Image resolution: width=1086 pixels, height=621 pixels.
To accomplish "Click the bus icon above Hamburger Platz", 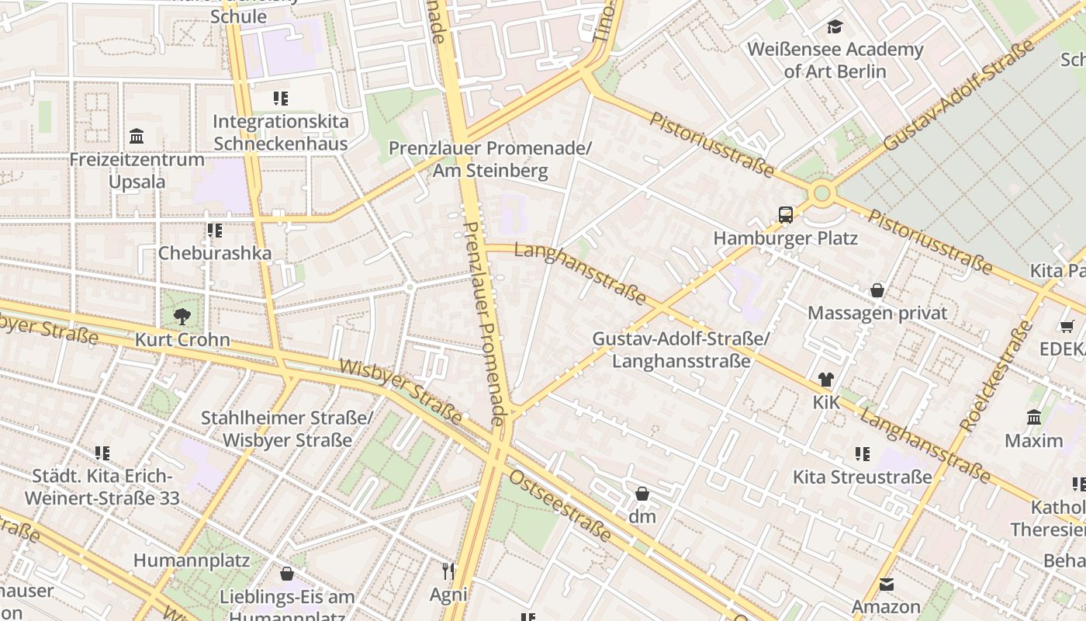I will tap(786, 215).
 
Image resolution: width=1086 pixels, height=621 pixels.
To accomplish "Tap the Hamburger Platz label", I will tap(785, 238).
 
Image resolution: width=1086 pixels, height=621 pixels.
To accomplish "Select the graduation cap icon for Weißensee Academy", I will tap(835, 27).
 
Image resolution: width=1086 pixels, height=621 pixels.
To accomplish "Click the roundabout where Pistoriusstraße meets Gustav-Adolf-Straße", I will tap(821, 193).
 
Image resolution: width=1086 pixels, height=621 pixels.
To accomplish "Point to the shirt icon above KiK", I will tap(825, 380).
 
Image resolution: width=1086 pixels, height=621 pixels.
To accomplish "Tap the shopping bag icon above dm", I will tap(642, 494).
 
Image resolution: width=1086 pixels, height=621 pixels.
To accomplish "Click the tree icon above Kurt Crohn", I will tap(182, 316).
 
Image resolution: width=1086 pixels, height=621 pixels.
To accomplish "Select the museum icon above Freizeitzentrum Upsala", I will tap(137, 137).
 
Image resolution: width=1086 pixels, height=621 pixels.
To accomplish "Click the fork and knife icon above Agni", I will tap(448, 571).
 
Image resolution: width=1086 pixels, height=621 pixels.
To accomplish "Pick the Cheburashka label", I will tap(215, 253).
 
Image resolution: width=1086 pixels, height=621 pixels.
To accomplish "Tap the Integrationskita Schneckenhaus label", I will tap(281, 133).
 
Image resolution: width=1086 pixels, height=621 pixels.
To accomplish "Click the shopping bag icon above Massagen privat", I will tap(877, 290).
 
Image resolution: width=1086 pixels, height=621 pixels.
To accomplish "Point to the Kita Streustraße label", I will tap(861, 477).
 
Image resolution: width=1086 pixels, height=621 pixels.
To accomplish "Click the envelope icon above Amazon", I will tap(887, 584).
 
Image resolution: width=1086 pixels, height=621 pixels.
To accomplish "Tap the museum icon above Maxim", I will tap(1034, 418).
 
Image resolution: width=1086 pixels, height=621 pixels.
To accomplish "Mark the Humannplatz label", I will tap(192, 560).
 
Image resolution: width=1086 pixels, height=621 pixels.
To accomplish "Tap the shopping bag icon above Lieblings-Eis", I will tap(287, 574).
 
